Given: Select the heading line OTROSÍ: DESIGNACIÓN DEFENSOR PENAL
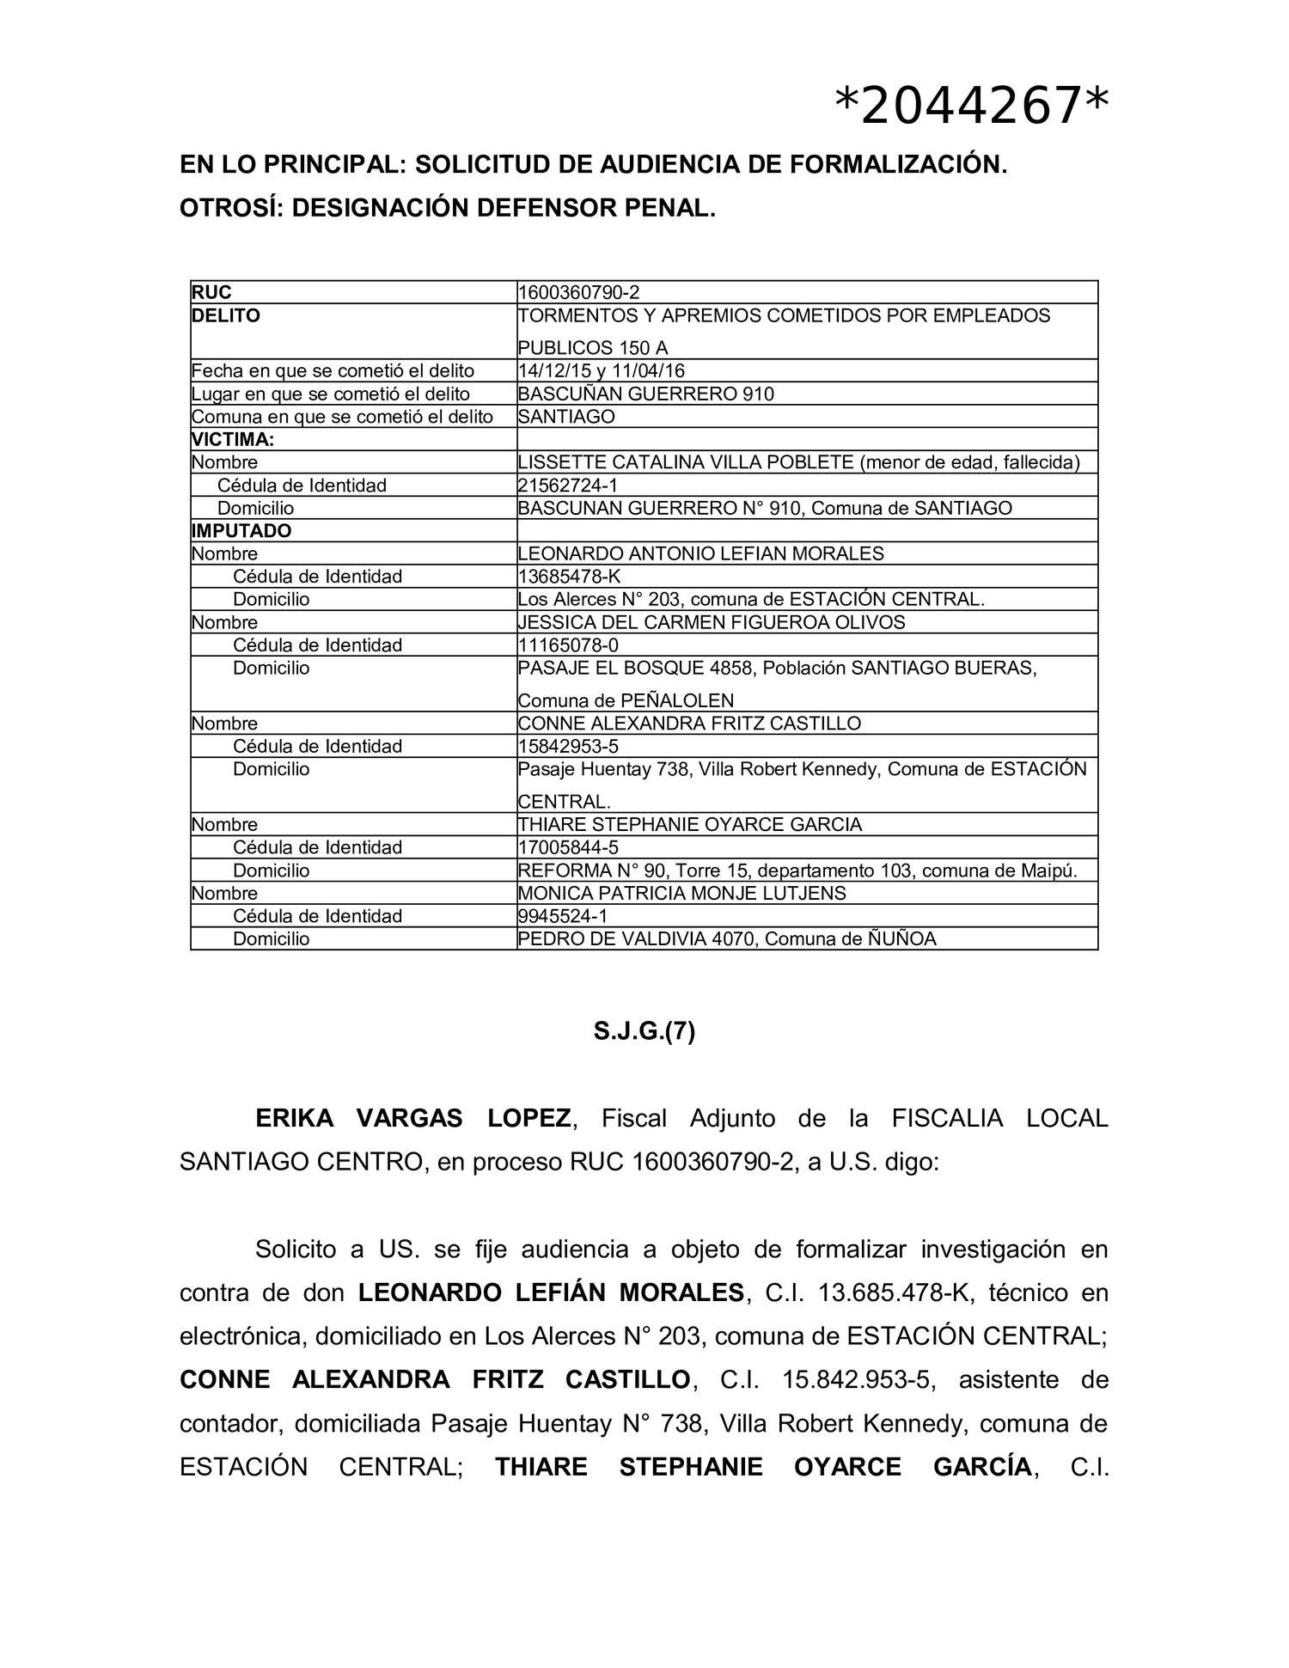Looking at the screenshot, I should (x=447, y=208).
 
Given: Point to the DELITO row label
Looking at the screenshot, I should (x=225, y=316).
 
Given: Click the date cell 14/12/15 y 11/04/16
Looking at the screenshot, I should (x=601, y=371).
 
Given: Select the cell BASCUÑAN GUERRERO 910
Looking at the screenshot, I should (x=645, y=394).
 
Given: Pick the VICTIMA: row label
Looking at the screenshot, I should (x=233, y=440).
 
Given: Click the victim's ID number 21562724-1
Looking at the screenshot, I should (x=567, y=486).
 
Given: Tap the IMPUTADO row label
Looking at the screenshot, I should (x=241, y=531).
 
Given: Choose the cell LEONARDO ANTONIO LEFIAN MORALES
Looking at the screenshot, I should (x=700, y=554).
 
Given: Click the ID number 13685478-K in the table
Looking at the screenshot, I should (x=569, y=577).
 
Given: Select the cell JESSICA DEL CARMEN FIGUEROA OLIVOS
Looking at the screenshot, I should (x=711, y=622).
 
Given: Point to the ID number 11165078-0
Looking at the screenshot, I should (x=568, y=645).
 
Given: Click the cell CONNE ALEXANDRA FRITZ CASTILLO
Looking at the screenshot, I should (x=688, y=724).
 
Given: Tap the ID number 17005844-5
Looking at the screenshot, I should (x=568, y=847).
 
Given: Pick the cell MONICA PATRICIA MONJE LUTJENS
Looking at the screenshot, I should (x=681, y=893).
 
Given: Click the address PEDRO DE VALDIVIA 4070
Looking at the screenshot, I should (x=637, y=939).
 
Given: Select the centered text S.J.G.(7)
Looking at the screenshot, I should (x=644, y=1031).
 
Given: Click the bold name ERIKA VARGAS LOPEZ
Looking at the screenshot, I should (x=412, y=1119).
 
